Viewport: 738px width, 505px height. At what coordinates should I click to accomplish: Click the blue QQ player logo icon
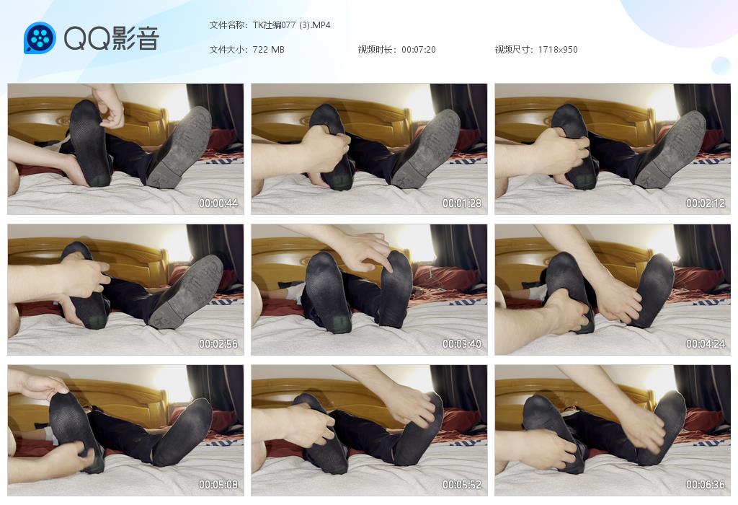[40, 38]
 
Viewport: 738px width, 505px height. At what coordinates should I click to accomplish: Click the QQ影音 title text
[112, 38]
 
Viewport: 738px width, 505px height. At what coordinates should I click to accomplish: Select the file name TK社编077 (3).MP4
[291, 25]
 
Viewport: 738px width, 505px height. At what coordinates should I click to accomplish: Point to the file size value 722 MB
[268, 50]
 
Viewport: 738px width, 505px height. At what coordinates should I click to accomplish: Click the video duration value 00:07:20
[419, 50]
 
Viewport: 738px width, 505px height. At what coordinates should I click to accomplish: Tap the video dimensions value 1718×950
[558, 50]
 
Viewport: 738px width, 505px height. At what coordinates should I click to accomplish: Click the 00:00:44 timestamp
[218, 203]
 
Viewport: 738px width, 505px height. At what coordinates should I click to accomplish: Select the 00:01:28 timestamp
[462, 203]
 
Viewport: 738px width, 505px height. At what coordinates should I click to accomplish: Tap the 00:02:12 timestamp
[705, 203]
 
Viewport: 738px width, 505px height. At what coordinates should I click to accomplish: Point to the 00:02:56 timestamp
[218, 344]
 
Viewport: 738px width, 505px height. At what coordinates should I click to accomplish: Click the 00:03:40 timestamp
[462, 344]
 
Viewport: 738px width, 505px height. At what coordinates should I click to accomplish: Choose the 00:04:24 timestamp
[705, 344]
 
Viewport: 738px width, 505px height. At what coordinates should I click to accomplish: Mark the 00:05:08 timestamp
[218, 484]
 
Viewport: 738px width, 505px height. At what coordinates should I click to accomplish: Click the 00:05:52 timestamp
[462, 484]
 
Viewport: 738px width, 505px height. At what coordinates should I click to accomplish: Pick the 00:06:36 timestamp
[705, 484]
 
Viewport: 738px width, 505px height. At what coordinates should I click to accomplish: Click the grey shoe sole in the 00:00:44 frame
[181, 147]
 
